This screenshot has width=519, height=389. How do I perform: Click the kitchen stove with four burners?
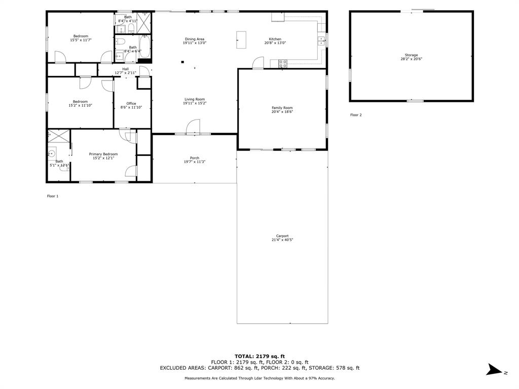click(283, 64)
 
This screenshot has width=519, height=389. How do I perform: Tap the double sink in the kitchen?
click(321, 41)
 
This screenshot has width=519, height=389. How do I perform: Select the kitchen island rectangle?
click(241, 40)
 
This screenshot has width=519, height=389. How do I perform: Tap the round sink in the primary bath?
click(51, 153)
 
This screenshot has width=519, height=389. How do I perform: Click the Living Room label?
click(195, 99)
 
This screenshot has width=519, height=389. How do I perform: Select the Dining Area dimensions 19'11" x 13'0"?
click(195, 43)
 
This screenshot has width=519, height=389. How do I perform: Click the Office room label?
click(131, 103)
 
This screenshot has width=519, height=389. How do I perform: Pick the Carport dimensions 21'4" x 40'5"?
click(282, 240)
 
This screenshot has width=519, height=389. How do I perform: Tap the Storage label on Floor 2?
click(412, 55)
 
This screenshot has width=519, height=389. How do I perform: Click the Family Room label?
click(282, 108)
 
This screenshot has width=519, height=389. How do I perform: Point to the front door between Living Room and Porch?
click(193, 127)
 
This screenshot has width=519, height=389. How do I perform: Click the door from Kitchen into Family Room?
click(258, 63)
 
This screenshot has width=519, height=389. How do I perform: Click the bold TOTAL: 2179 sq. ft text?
click(260, 356)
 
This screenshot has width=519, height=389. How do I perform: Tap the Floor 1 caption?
click(53, 196)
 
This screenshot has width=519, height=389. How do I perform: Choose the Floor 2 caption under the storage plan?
click(356, 115)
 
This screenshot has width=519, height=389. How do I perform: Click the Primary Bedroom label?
click(103, 154)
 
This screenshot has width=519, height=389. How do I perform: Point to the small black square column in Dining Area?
click(182, 62)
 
